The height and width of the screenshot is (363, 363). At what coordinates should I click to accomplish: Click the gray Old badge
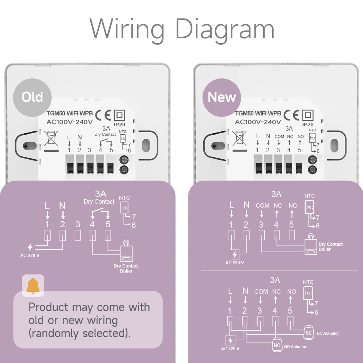click(32, 97)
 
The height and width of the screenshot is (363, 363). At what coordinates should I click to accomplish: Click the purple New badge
click(221, 97)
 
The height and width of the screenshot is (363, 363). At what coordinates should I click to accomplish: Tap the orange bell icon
click(33, 285)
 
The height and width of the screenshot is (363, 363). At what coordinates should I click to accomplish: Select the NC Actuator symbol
click(309, 333)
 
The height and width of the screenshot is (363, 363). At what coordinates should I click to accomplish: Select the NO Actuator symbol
click(277, 345)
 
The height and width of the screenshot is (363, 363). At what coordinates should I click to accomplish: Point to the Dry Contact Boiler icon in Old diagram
click(126, 253)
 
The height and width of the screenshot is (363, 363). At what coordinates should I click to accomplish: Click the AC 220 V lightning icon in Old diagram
click(30, 247)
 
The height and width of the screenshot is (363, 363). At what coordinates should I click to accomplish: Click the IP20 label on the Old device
click(119, 124)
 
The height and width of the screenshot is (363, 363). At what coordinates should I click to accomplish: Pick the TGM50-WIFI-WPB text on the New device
click(258, 114)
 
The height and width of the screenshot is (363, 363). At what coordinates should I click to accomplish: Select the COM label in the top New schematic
click(262, 205)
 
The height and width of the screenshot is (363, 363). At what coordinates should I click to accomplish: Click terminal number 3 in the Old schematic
click(78, 224)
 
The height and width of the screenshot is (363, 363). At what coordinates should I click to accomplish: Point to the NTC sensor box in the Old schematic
click(125, 208)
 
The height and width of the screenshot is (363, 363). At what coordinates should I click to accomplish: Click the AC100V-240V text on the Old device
click(70, 122)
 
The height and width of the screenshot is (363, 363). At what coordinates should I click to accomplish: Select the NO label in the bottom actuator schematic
click(291, 291)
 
